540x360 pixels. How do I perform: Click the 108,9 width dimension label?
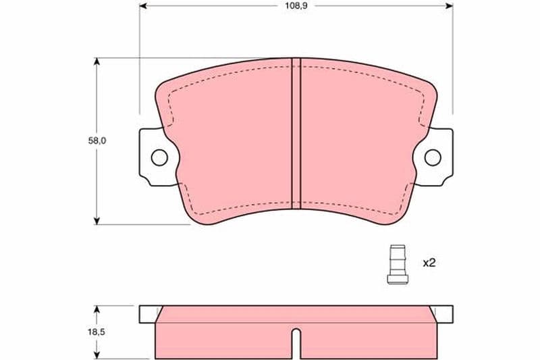tap(296, 6)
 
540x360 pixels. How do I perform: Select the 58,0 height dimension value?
tap(97, 140)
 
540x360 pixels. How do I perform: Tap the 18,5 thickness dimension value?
tap(97, 332)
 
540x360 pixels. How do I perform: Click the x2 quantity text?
tap(429, 263)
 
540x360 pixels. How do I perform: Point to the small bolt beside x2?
tap(398, 265)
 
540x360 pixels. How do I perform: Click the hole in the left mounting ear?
tap(159, 158)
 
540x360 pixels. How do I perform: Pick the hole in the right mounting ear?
tap(433, 158)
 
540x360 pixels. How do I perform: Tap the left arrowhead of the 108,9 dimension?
tap(143, 5)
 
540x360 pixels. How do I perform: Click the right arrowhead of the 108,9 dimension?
tap(449, 5)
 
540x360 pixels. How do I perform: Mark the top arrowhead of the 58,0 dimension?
tap(97, 61)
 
